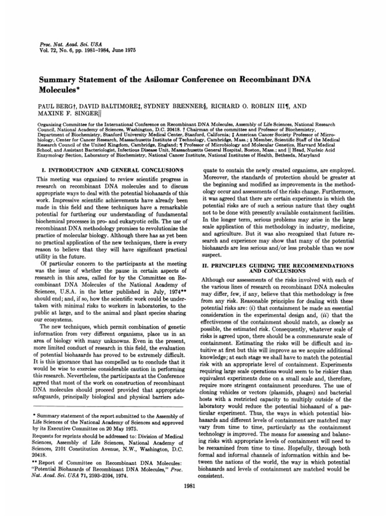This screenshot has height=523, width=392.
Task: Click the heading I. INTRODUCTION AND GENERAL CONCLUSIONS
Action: [110, 169]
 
